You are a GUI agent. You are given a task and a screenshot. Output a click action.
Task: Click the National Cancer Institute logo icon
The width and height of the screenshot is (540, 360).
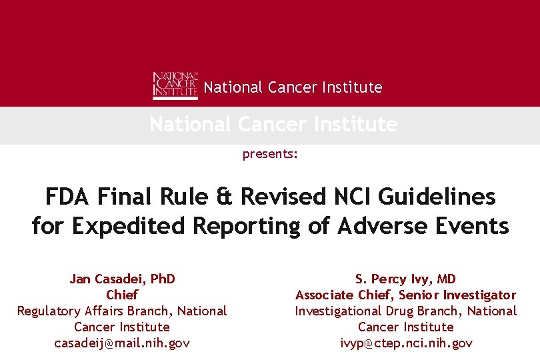tap(175, 85)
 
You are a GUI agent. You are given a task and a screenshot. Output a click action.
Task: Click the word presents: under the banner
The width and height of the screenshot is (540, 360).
tap(270, 154)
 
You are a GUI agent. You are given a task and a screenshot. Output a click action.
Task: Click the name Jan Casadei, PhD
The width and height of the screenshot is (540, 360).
tap(122, 279)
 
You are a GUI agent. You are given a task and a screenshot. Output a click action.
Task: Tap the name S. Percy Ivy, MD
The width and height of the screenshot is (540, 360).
tap(405, 279)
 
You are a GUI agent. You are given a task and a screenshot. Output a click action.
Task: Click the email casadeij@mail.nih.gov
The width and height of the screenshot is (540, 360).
tap(122, 343)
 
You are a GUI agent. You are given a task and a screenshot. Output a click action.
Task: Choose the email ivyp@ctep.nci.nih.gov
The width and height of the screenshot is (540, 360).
tap(406, 343)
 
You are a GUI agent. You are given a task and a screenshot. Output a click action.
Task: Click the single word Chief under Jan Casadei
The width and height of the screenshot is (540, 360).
tap(122, 295)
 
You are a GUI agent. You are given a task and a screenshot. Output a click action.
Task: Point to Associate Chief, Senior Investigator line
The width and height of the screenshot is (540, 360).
tap(406, 295)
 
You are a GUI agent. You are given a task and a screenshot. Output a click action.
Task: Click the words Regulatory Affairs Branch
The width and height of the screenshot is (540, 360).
tap(96, 311)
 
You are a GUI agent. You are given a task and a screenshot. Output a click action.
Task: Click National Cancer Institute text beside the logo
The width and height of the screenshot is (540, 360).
tap(293, 87)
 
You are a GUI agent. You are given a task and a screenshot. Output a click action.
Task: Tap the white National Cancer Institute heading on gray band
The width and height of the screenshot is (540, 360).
tap(273, 125)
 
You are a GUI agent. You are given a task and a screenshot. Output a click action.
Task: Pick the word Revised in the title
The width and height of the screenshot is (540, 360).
tap(282, 197)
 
